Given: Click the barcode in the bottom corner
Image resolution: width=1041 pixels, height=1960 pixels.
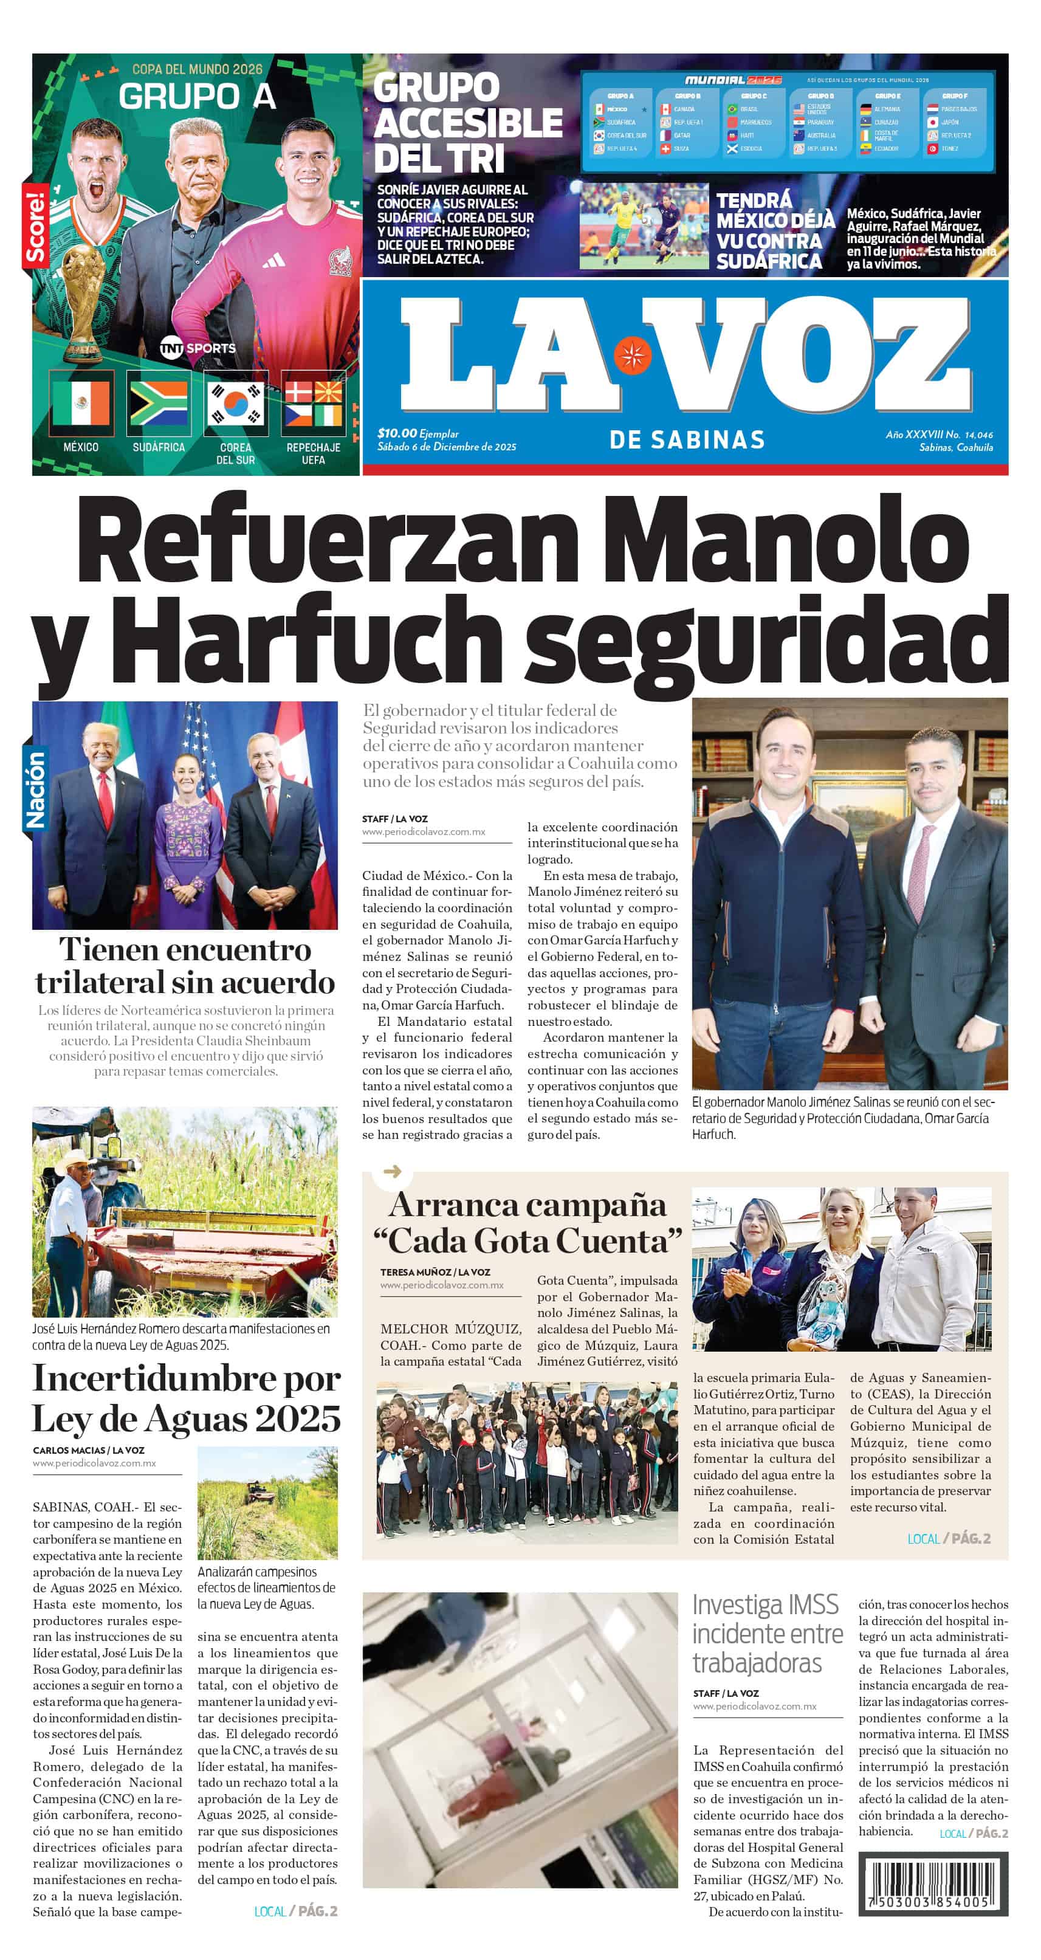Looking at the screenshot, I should [x=932, y=1885].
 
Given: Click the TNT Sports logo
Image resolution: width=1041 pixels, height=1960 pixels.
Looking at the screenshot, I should [x=198, y=348].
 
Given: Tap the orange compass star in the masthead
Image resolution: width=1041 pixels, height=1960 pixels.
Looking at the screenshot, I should [x=631, y=354].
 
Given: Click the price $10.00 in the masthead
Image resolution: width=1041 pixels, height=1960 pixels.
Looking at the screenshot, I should [x=397, y=433].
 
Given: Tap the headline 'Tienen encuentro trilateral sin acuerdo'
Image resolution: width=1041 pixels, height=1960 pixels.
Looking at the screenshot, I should [x=185, y=966].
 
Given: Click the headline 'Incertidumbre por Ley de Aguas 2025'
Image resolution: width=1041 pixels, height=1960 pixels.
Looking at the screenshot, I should [x=187, y=1398].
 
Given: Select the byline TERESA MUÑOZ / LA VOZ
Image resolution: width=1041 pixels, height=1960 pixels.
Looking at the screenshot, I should [x=435, y=1271].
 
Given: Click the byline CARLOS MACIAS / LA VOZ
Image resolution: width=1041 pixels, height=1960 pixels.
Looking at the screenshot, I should [x=88, y=1449].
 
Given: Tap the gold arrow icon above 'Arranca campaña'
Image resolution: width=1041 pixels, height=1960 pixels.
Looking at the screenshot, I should [x=392, y=1172].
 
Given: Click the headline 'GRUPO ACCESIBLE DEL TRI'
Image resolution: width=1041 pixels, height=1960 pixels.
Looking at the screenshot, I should [x=467, y=123].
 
